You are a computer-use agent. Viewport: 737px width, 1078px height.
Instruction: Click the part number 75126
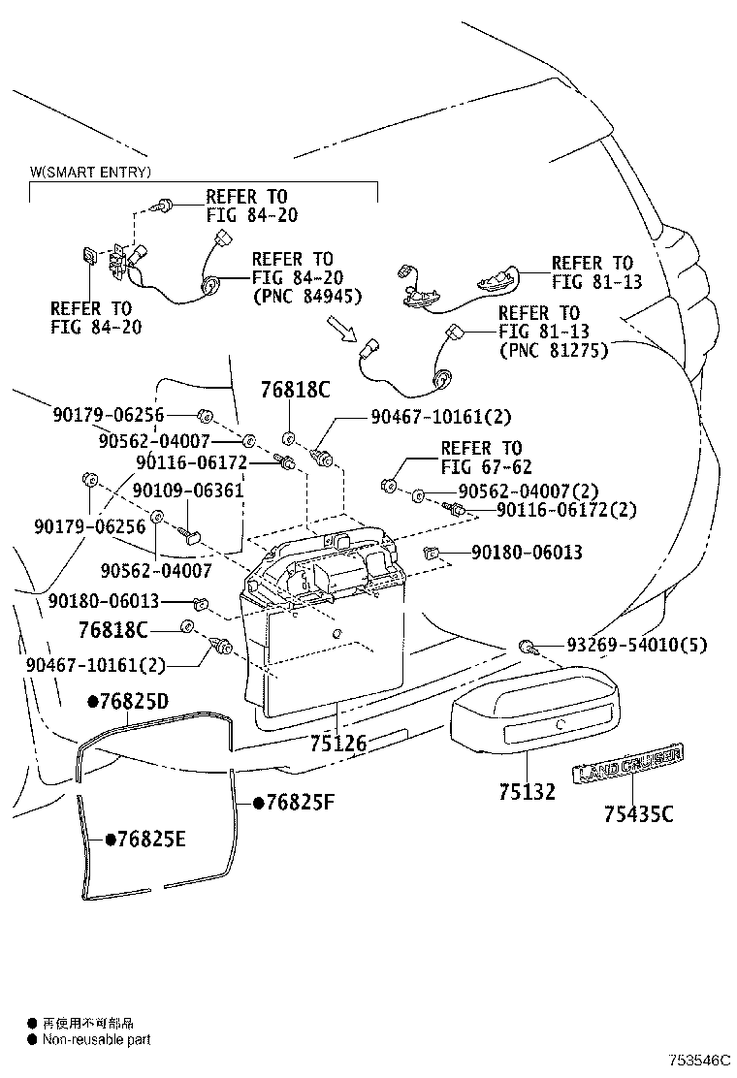pos(338,744)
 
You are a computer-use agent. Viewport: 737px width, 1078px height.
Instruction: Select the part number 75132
pos(528,792)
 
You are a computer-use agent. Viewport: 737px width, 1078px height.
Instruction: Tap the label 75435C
pos(637,814)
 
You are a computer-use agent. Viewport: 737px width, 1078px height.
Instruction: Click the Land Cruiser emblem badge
pos(629,763)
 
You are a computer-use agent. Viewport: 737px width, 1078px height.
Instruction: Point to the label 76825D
pos(129,701)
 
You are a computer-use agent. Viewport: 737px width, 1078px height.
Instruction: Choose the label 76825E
pos(145,840)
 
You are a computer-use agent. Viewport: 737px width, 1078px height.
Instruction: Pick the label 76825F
pos(293,803)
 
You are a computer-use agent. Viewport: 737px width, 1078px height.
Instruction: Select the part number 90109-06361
pos(188,491)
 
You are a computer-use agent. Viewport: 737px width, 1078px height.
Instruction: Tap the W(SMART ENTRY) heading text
pos(90,173)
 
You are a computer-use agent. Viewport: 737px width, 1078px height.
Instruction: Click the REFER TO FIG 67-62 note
pos(481,458)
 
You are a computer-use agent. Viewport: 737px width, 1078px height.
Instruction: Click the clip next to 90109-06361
pos(190,532)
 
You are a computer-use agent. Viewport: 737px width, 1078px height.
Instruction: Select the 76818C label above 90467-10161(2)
pos(295,391)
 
